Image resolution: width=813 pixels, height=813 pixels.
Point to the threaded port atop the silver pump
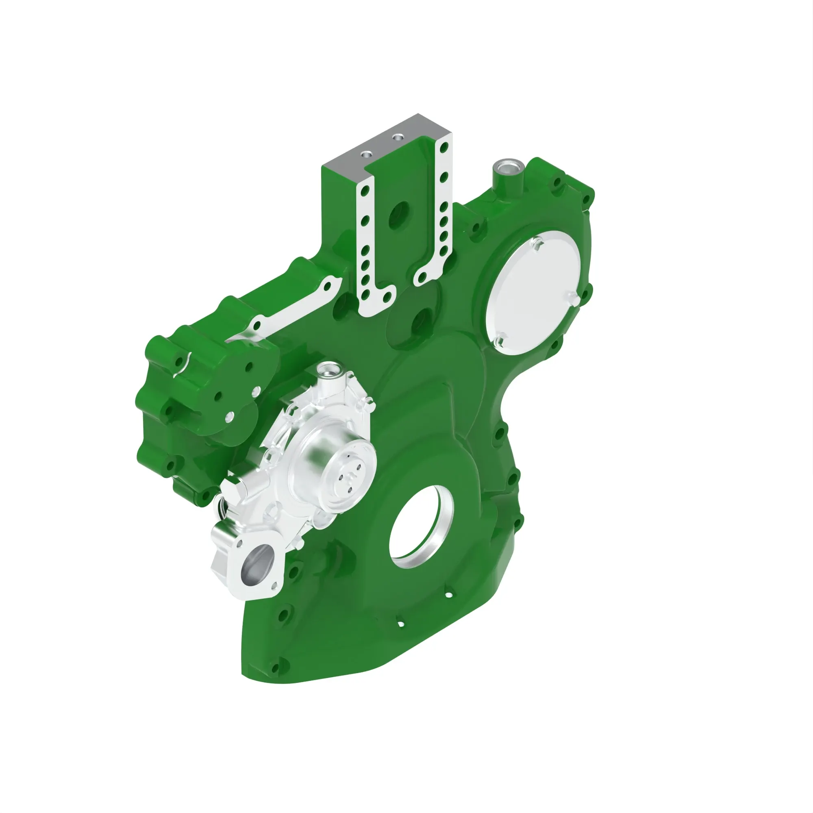327,371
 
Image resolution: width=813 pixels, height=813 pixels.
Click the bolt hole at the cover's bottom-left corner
276,667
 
